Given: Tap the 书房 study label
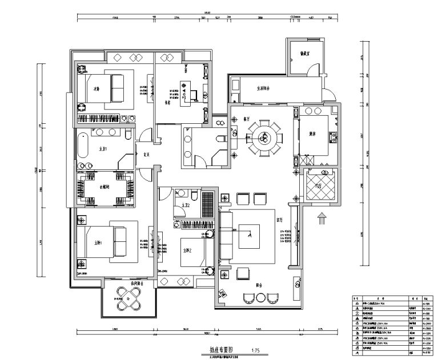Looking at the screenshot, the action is pyautogui.click(x=168, y=103).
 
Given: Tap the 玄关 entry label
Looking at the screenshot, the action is pyautogui.click(x=146, y=152).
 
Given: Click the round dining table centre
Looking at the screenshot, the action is pyautogui.click(x=263, y=137).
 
